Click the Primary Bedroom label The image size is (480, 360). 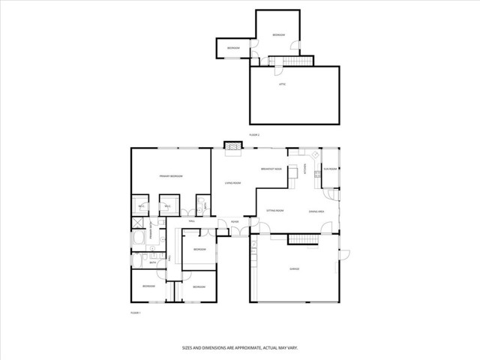point(171,176)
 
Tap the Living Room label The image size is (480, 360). point(232,183)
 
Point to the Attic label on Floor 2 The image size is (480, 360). point(283,85)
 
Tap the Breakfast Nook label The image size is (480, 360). point(271,169)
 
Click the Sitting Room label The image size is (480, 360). point(275,211)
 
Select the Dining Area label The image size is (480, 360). point(316,211)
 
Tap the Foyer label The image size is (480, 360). point(235,221)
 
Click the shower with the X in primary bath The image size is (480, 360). point(138,223)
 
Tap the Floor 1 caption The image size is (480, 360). point(136,312)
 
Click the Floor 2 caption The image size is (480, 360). point(253,134)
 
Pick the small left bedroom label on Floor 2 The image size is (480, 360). point(233,48)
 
